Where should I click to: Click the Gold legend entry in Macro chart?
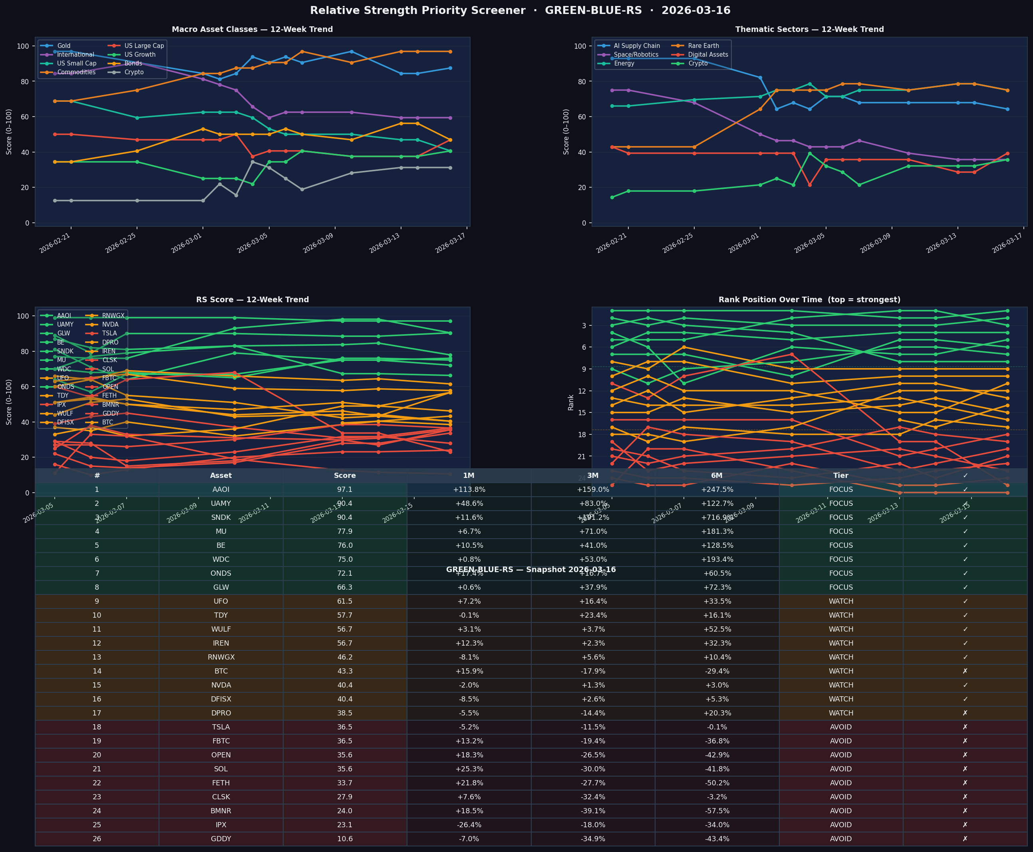pyautogui.click(x=64, y=46)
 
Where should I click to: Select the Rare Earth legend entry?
pyautogui.click(x=703, y=46)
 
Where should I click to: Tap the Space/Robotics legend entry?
pyautogui.click(x=636, y=54)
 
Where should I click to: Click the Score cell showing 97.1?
pyautogui.click(x=345, y=489)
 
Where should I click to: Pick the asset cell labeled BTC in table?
pyautogui.click(x=221, y=671)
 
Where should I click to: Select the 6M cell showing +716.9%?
pyautogui.click(x=717, y=517)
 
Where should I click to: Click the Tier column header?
pyautogui.click(x=840, y=476)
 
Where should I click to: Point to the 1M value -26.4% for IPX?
pyautogui.click(x=469, y=825)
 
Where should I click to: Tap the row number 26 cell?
pyautogui.click(x=97, y=839)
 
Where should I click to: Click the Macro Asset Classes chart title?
pyautogui.click(x=252, y=30)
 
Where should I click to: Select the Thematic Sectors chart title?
pyautogui.click(x=809, y=30)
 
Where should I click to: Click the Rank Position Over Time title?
pyautogui.click(x=809, y=299)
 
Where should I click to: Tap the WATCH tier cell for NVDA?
pyautogui.click(x=840, y=685)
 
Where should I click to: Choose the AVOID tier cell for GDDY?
pyautogui.click(x=840, y=839)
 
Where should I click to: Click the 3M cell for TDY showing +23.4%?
pyautogui.click(x=593, y=615)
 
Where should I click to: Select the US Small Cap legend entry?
pyautogui.click(x=77, y=63)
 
